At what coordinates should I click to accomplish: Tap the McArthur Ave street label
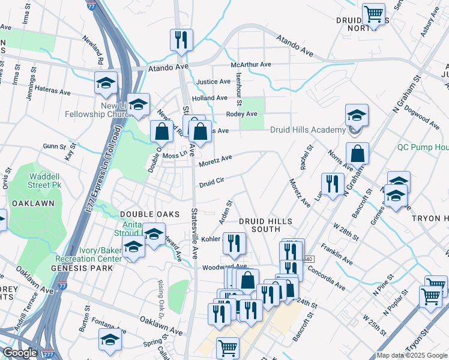tap(252, 65)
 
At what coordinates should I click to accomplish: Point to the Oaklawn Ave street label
tap(161, 331)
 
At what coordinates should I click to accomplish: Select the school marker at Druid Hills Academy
tap(357, 115)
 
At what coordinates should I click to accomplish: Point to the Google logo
tap(20, 353)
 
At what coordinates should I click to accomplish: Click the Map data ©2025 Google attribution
tap(412, 355)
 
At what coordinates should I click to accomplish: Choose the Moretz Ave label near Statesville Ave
tap(215, 160)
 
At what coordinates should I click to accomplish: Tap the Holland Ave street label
tap(209, 98)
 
